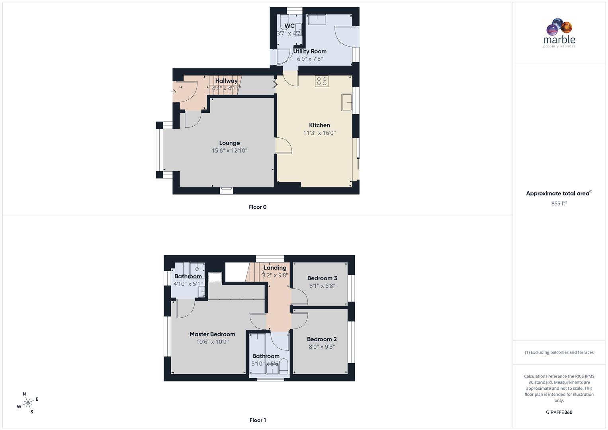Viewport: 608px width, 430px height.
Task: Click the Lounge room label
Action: [x=229, y=143]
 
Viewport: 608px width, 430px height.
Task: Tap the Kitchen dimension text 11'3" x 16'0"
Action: [x=319, y=133]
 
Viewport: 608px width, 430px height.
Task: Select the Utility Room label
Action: [x=310, y=51]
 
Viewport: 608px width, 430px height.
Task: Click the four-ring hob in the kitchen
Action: [x=322, y=81]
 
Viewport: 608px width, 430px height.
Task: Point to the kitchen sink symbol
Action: [x=346, y=102]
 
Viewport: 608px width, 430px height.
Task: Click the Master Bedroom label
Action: [x=212, y=334]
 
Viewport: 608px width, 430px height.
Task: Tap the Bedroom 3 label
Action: [x=322, y=278]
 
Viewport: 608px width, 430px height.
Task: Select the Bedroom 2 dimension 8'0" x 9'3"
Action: [x=322, y=347]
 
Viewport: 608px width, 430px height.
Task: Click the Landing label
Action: [x=275, y=268]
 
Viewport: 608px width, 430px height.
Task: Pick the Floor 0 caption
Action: [x=258, y=207]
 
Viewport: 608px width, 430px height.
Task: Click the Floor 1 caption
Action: [x=258, y=420]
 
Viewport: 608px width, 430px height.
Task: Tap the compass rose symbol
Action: [x=28, y=403]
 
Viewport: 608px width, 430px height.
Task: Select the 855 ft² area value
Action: [x=559, y=203]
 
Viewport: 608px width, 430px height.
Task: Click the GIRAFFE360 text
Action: [x=559, y=412]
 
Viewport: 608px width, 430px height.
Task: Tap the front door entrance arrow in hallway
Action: [x=174, y=92]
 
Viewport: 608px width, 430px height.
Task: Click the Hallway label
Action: [x=226, y=81]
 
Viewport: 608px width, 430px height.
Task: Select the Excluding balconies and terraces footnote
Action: [x=559, y=352]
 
